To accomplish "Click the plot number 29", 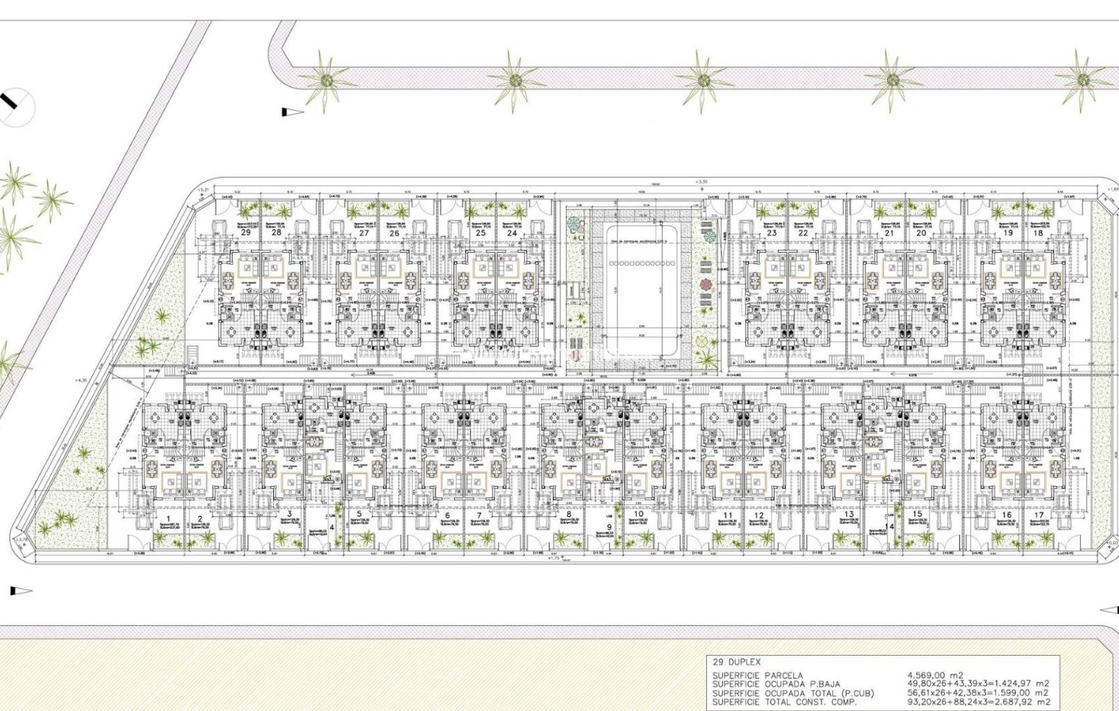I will click(x=246, y=233).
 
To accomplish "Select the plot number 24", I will click(x=512, y=233).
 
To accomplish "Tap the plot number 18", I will click(x=1039, y=233).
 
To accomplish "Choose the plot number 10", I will click(x=638, y=514).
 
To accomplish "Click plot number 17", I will click(x=1039, y=515).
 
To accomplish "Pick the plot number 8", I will click(x=569, y=515).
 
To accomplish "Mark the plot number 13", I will click(x=848, y=515).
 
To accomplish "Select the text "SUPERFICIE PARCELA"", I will click(x=757, y=675).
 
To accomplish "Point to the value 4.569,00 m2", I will click(x=935, y=675).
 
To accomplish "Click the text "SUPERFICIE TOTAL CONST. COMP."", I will click(x=785, y=702).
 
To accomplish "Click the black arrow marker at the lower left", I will click(x=21, y=591).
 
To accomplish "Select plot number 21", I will click(x=890, y=233).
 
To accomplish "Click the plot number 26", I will click(x=394, y=233).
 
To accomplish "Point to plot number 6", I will click(x=448, y=515).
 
